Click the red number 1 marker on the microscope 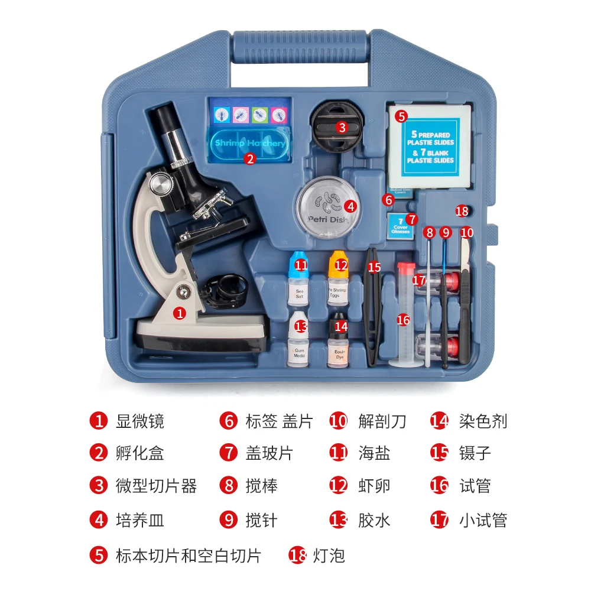[180, 314]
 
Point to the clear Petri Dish [328, 207]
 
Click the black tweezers [373, 307]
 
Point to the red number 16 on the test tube [404, 320]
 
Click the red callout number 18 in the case [462, 211]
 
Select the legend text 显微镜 [139, 421]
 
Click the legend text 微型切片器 [155, 486]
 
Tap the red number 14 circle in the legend [440, 421]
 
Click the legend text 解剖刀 [382, 421]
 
